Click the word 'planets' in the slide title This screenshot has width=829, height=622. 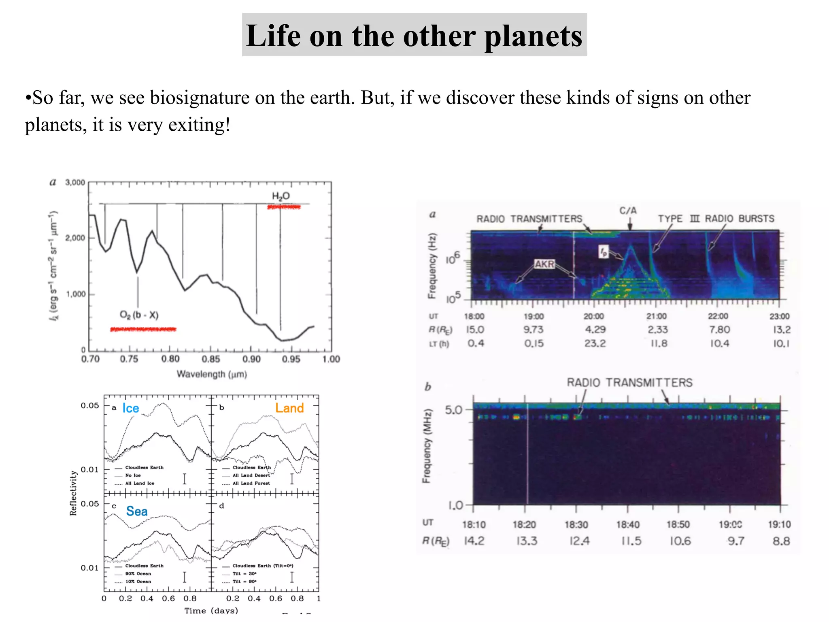[x=533, y=36]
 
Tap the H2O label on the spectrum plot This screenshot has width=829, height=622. [x=281, y=196]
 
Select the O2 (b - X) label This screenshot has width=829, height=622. [x=139, y=315]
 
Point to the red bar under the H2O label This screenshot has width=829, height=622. [x=284, y=207]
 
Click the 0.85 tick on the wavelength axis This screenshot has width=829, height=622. [x=210, y=359]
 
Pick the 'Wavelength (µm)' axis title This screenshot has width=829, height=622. [x=212, y=374]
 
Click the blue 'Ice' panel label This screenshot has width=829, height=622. [x=131, y=409]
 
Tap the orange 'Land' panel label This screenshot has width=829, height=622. [x=289, y=408]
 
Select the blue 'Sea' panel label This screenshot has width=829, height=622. [x=137, y=511]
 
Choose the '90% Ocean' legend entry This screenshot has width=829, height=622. [x=138, y=573]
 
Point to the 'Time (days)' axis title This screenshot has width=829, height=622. [x=211, y=610]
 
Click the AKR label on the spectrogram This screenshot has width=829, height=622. [x=544, y=264]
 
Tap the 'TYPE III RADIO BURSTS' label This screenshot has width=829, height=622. [x=716, y=219]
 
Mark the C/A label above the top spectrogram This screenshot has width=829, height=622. [x=628, y=211]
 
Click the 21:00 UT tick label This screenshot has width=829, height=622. [x=656, y=316]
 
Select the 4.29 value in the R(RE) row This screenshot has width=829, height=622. [x=595, y=330]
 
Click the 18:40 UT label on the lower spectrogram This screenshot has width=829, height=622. [x=628, y=525]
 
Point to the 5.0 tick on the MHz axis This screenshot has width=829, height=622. [x=453, y=410]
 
